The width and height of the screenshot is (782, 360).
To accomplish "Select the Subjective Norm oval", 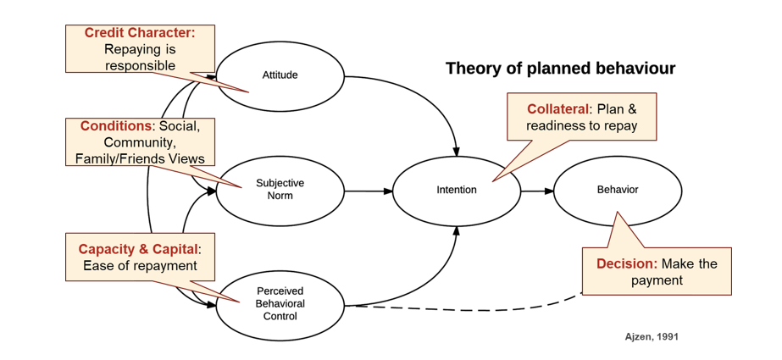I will click(x=280, y=190).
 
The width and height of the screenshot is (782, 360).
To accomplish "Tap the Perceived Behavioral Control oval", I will click(x=280, y=303).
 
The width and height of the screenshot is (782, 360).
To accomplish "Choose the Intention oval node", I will click(x=457, y=190).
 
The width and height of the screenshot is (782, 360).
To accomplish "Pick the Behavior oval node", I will click(x=618, y=190).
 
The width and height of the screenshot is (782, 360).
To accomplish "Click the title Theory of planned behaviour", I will click(x=560, y=69).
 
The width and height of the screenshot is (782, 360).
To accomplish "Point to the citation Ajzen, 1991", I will click(x=651, y=336).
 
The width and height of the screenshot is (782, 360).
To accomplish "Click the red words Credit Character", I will click(x=140, y=33).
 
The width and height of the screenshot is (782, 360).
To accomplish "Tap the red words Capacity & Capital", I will click(x=138, y=249).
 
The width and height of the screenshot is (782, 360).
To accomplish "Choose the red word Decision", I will click(x=626, y=263).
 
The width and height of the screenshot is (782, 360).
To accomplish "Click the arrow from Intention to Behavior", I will click(x=537, y=191).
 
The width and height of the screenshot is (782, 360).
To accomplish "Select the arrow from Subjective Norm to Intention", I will click(x=369, y=191).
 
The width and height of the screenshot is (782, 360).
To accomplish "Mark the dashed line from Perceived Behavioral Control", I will click(x=466, y=308).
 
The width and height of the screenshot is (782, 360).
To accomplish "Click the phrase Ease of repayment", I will click(x=140, y=266).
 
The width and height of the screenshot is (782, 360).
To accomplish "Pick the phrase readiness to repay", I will click(x=581, y=126).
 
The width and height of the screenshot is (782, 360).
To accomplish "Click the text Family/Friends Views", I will click(x=140, y=158).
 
